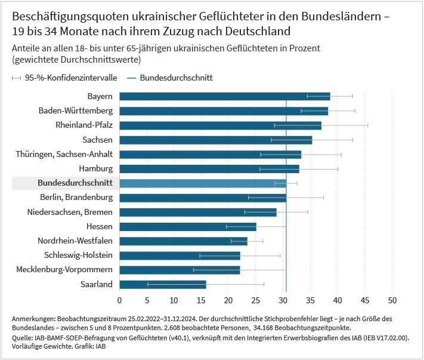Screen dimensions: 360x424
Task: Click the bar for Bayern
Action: click(224, 96)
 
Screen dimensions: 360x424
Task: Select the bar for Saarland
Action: click(163, 284)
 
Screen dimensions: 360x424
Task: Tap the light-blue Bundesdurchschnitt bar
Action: click(203, 183)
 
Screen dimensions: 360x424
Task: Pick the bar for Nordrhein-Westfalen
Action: click(183, 241)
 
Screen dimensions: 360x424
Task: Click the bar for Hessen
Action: click(188, 227)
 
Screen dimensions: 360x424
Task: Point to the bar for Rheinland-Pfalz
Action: click(220, 125)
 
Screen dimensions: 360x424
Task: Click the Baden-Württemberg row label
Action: click(75, 110)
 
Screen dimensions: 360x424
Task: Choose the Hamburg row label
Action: click(95, 168)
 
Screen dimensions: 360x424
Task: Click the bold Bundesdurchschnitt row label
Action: click(75, 183)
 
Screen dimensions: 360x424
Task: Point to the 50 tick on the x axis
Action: click(392, 300)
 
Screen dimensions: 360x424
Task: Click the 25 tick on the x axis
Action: click(256, 300)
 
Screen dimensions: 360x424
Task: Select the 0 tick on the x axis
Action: click(120, 300)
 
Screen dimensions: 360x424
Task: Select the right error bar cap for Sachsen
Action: click(353, 140)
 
